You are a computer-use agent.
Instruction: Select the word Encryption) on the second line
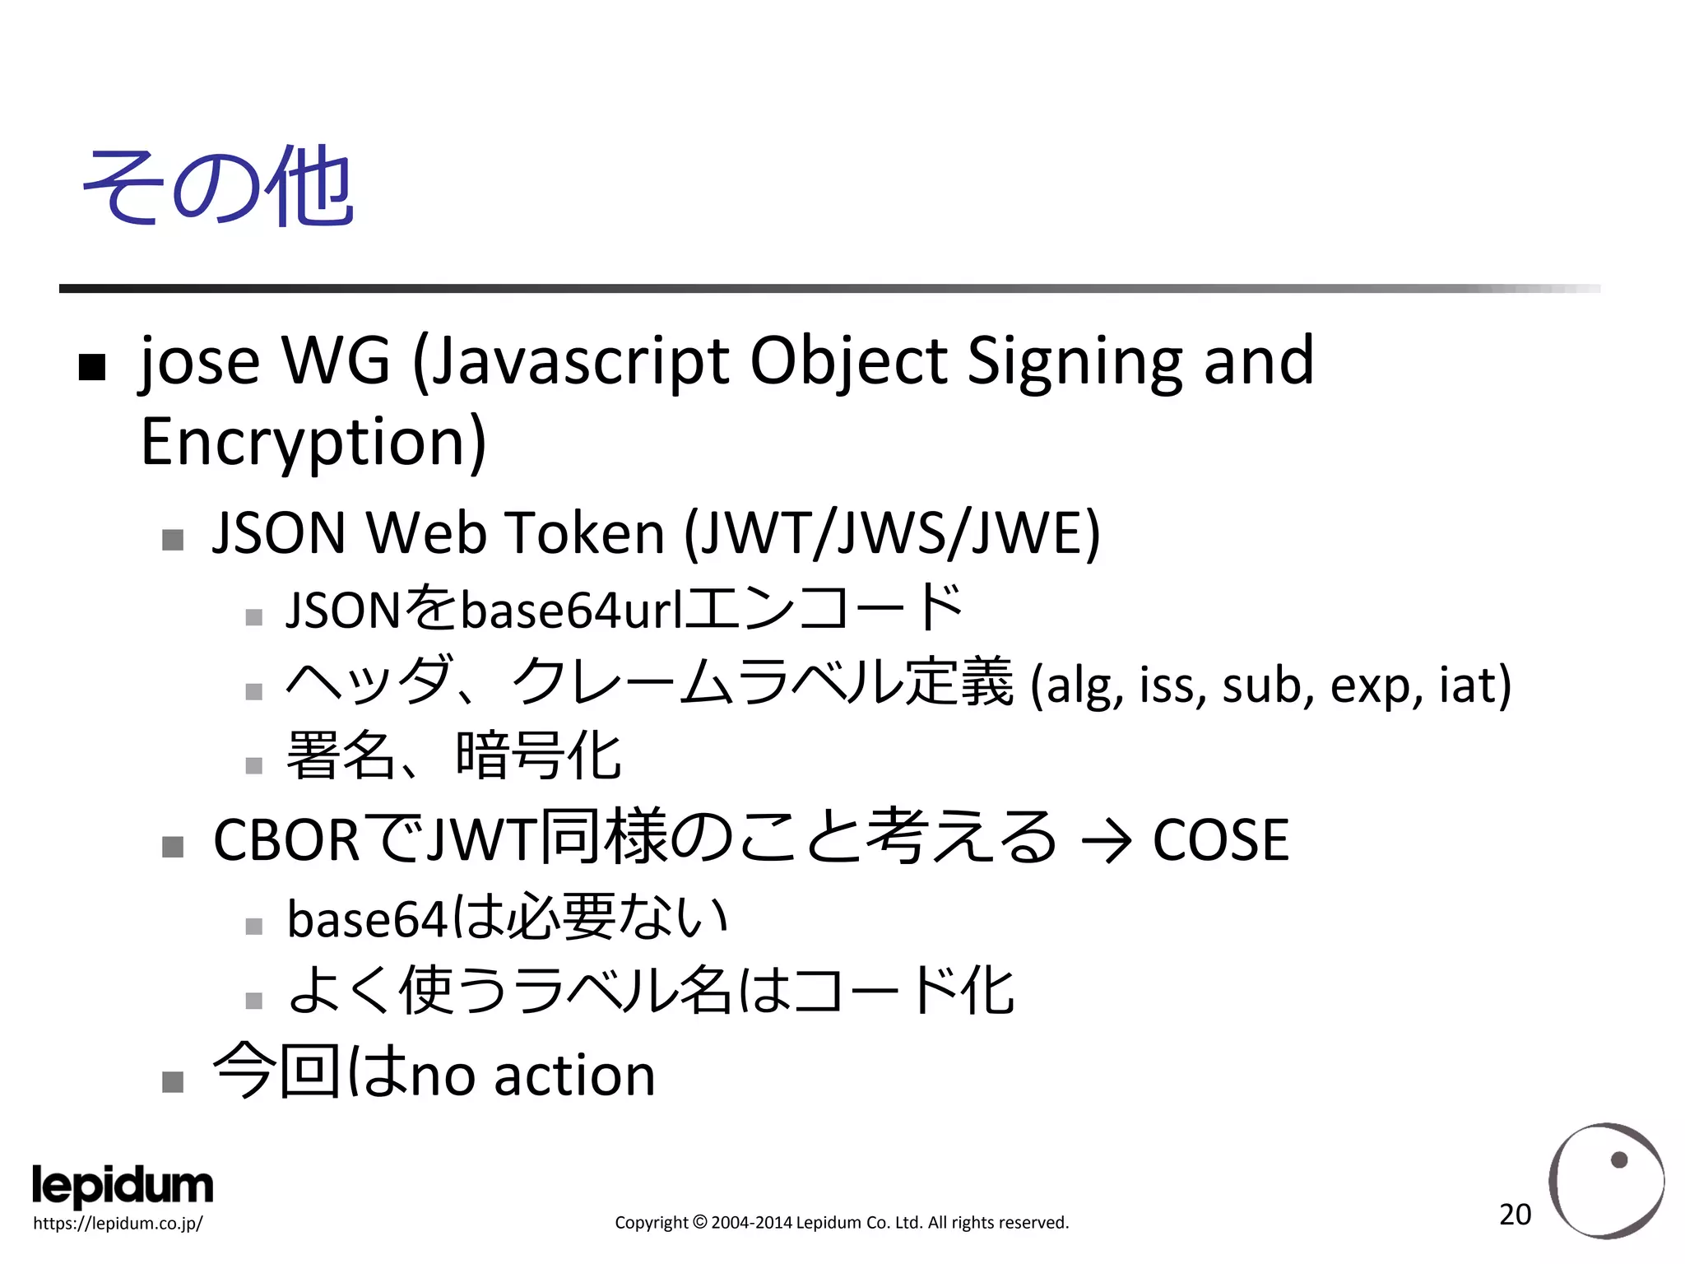click(313, 442)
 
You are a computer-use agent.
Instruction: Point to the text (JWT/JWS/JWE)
click(893, 533)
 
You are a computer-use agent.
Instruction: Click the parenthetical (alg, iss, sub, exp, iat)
click(1270, 685)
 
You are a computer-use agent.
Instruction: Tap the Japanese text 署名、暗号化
click(453, 756)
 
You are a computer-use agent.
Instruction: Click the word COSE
click(1220, 840)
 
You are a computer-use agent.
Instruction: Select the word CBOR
click(285, 840)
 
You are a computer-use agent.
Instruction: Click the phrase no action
click(532, 1075)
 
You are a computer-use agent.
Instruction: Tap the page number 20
click(1515, 1215)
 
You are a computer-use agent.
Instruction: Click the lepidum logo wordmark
click(123, 1186)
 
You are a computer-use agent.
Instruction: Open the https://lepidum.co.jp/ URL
click(118, 1223)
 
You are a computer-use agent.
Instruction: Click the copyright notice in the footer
click(842, 1223)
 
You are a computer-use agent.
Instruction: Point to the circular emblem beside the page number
click(1606, 1181)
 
